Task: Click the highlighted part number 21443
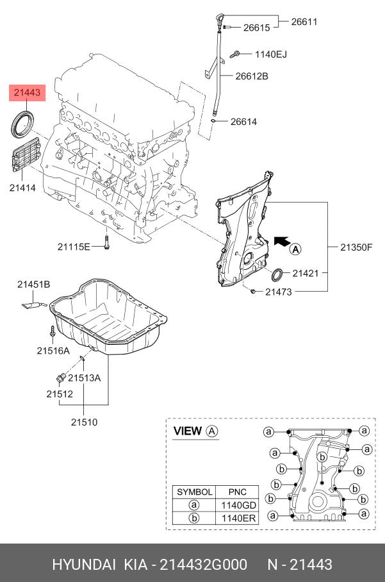coord(27,93)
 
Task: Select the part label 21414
coord(22,188)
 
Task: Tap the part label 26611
coord(304,21)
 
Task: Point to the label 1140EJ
coord(270,54)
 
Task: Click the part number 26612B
coord(251,76)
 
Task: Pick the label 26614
coord(243,121)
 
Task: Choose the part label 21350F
coord(356,246)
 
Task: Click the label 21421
coord(306,273)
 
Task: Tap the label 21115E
coord(74,246)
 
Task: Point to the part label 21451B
coord(33,284)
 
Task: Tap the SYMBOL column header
coord(194,492)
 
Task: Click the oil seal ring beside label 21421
coord(277,276)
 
